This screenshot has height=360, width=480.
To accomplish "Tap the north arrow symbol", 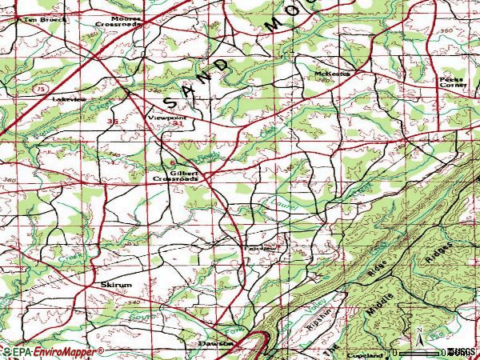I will [x=416, y=334].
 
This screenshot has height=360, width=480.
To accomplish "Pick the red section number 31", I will [x=175, y=125].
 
